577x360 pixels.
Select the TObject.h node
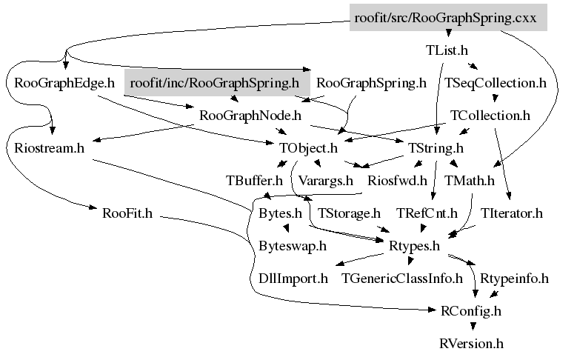[x=308, y=147]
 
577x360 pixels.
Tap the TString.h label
[x=430, y=147]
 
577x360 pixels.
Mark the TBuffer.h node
[x=254, y=180]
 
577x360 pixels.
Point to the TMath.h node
[x=469, y=180]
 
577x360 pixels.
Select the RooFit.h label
[x=127, y=213]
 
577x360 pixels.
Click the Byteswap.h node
[x=293, y=246]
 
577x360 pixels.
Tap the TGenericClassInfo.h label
[x=401, y=279]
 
